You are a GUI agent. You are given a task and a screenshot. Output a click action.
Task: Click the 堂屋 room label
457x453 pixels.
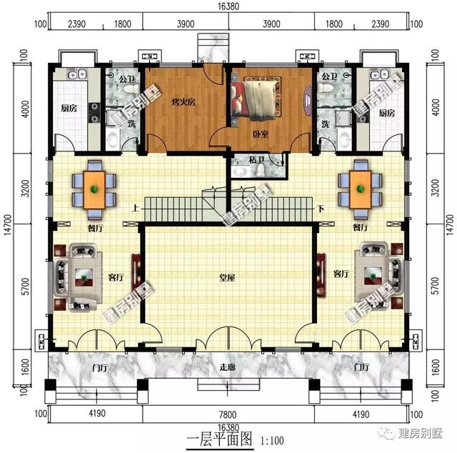click(228, 278)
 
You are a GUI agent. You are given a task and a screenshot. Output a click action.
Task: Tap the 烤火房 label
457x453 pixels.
click(184, 103)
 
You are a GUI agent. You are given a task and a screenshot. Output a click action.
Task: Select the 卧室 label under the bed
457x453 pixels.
click(260, 134)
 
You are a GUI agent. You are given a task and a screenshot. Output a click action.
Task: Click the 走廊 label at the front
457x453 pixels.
click(228, 367)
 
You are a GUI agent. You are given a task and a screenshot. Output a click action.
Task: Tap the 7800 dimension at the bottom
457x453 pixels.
click(228, 414)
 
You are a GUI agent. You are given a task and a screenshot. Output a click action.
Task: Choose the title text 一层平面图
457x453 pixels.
click(220, 439)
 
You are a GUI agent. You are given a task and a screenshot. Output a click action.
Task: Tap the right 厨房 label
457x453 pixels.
click(386, 114)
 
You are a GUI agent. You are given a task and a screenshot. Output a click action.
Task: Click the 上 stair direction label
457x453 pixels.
click(135, 209)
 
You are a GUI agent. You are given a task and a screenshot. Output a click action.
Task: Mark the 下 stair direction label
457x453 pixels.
click(321, 209)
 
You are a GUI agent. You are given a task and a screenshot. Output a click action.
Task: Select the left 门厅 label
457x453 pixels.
click(99, 367)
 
